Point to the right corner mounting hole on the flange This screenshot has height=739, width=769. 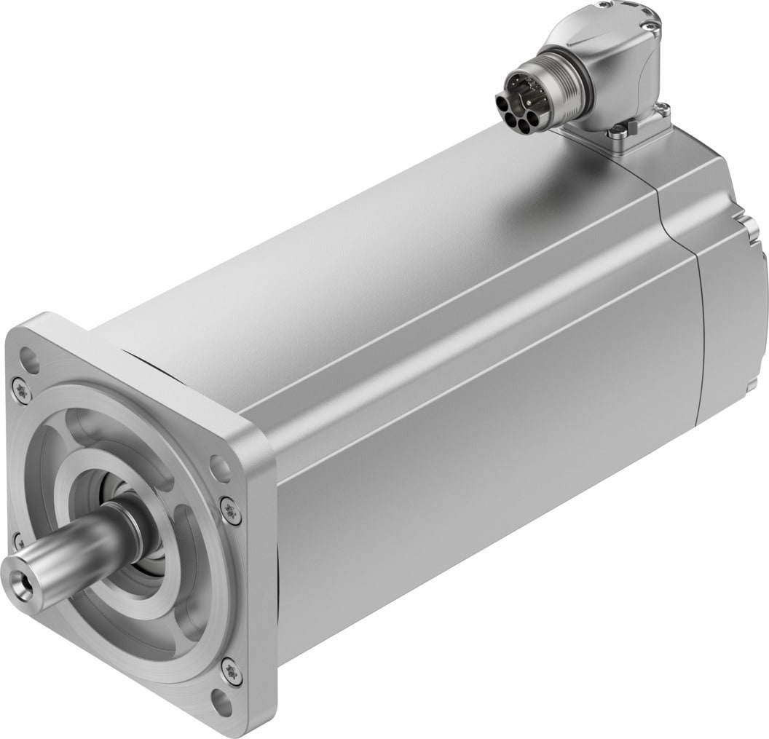[x=218, y=465]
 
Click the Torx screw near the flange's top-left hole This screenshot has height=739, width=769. [x=21, y=392]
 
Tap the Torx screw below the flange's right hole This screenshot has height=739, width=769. [x=230, y=510]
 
